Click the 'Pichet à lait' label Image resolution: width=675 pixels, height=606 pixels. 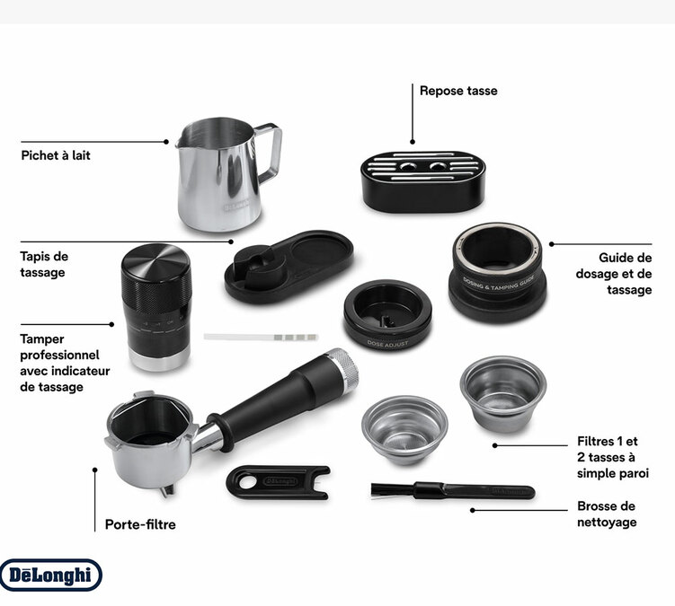[x=56, y=155]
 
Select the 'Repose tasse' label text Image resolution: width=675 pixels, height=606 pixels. [x=457, y=91]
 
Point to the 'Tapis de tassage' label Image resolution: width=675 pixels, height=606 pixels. [x=44, y=264]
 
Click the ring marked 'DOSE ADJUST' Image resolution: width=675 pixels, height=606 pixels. [x=387, y=313]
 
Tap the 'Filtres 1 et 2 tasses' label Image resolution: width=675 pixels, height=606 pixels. [x=608, y=457]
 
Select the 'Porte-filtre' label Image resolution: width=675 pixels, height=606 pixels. [x=140, y=524]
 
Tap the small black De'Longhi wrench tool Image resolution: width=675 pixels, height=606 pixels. [x=278, y=479]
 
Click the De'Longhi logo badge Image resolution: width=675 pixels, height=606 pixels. [x=50, y=575]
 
